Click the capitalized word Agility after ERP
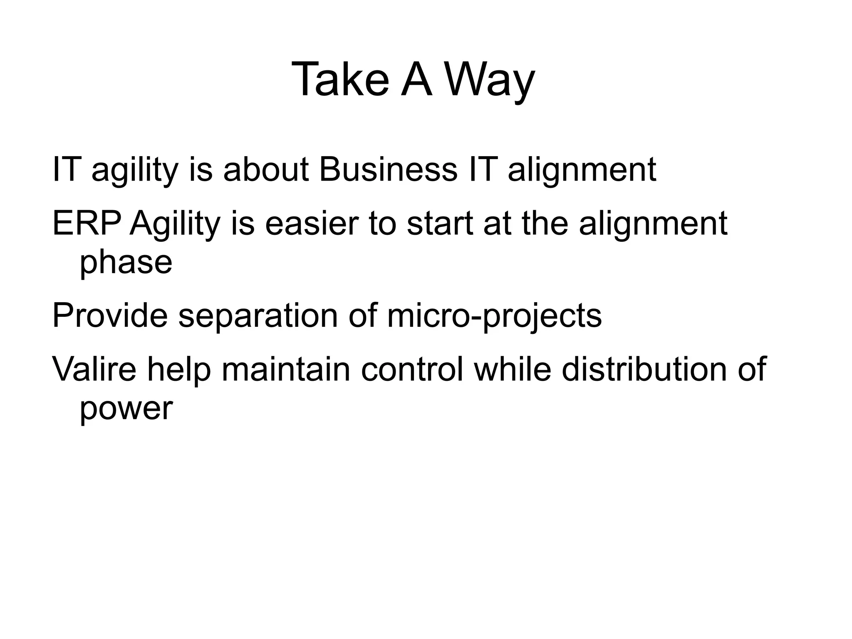point(174,225)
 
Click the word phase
point(126,263)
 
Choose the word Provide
point(110,316)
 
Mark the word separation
point(258,316)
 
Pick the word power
point(126,409)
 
